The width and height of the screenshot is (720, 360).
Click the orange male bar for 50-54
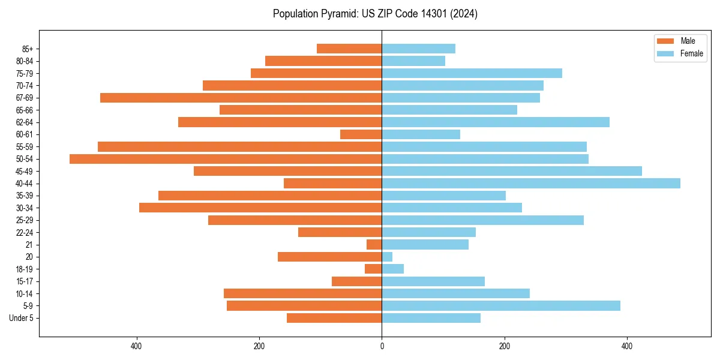pos(226,159)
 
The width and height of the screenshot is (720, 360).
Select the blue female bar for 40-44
pos(531,184)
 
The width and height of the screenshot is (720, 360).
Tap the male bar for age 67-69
pos(241,98)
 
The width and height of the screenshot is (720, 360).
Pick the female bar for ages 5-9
pos(501,306)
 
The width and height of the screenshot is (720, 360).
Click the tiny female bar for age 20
pos(387,257)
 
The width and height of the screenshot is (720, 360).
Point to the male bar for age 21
pos(374,245)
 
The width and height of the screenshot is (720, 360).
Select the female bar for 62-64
pos(496,122)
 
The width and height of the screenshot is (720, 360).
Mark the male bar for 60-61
pos(361,134)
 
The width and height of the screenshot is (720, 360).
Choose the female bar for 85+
pos(418,49)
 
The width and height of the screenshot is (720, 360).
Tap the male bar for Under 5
pos(334,318)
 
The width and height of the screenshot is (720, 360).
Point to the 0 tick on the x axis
pos(382,346)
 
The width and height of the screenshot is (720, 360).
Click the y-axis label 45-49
pos(24,172)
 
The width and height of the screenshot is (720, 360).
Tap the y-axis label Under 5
pos(21,318)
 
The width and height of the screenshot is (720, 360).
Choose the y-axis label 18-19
pos(24,269)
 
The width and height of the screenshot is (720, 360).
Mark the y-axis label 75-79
pos(24,74)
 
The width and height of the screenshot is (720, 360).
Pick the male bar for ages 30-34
pos(260,208)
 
